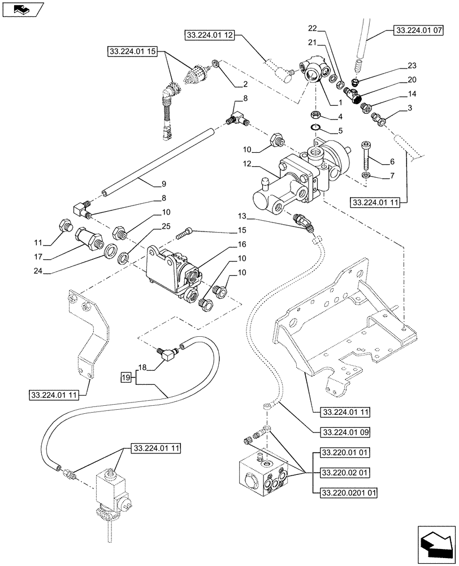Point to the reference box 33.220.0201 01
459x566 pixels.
(348, 492)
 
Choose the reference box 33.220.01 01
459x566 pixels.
(344, 453)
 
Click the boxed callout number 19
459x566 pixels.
(127, 376)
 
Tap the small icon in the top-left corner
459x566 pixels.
(22, 8)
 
